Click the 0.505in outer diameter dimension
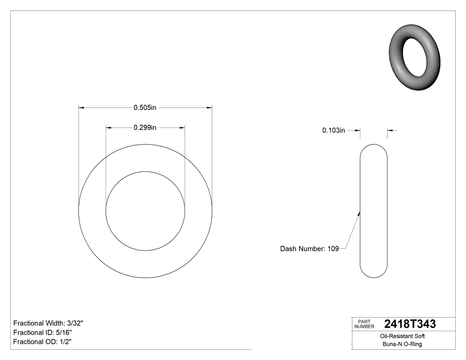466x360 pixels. click(x=145, y=107)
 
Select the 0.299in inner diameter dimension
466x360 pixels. click(x=145, y=128)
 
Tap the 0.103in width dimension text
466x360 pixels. click(x=333, y=131)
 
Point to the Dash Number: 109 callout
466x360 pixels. click(x=309, y=249)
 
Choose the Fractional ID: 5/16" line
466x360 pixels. click(x=43, y=332)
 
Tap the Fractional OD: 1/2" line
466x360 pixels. click(x=43, y=342)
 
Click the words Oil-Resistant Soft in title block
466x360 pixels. click(x=403, y=336)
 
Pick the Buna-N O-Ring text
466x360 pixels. click(x=403, y=344)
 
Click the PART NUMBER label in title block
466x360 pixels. click(x=364, y=324)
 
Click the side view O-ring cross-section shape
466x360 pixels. click(x=374, y=211)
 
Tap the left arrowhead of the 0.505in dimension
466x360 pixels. click(x=81, y=107)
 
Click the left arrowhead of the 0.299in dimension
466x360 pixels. click(x=108, y=128)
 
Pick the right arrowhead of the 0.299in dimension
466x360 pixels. click(x=182, y=128)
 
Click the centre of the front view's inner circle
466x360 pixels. click(x=145, y=211)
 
